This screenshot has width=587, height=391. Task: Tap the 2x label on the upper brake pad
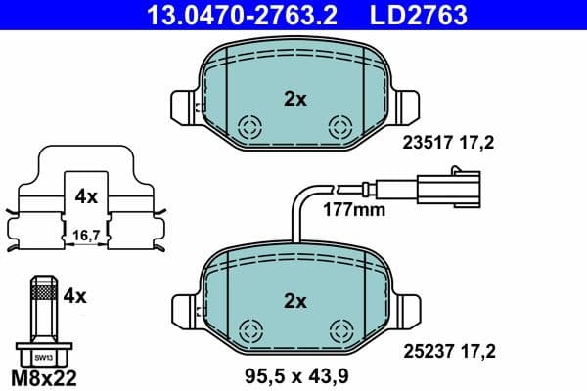pos(295,99)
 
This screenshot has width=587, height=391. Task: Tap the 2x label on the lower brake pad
pos(295,300)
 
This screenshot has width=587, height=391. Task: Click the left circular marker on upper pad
pos(250,126)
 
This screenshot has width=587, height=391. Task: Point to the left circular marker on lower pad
pos(250,329)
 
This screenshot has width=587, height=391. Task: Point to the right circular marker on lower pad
pos(340,329)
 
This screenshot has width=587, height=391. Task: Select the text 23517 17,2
pos(449,143)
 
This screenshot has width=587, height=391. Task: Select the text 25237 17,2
pos(449,346)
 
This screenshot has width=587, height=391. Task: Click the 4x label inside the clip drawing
pos(86,196)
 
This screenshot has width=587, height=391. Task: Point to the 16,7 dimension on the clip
pos(86,235)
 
